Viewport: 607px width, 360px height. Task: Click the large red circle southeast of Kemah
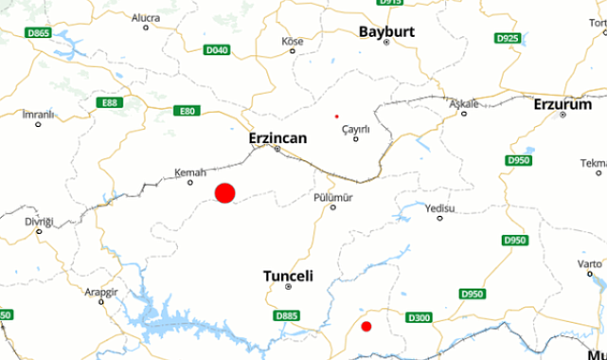[x=224, y=193]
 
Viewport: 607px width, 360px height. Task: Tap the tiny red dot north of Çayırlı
[x=336, y=117]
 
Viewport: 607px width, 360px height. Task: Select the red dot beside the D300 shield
[x=366, y=327]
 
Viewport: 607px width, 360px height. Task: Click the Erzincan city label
[x=277, y=137]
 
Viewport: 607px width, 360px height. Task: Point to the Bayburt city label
[x=386, y=31]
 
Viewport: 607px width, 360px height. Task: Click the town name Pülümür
[x=332, y=196]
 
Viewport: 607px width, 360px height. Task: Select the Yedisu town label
[x=440, y=207]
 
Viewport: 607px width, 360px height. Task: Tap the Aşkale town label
[x=464, y=102]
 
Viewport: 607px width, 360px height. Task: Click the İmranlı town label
[x=39, y=114]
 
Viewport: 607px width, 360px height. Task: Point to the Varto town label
[x=589, y=263]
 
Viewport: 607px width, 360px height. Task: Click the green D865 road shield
[x=39, y=33]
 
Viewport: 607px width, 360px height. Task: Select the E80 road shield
[x=187, y=111]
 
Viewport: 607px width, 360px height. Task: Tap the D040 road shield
[x=217, y=49]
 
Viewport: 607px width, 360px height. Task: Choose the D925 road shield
[x=508, y=38]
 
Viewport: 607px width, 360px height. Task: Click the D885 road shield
[x=286, y=315]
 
